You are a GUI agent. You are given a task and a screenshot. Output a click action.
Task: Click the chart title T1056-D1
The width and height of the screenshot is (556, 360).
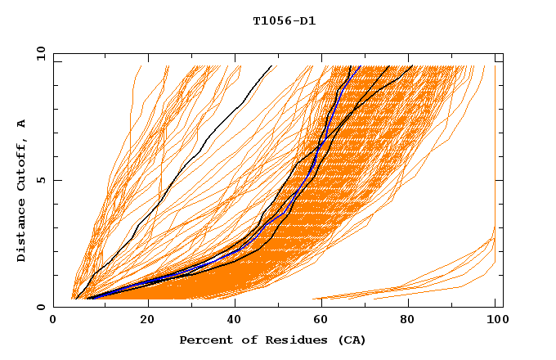(x=284, y=20)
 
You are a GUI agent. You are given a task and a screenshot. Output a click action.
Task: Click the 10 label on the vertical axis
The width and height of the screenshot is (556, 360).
(x=38, y=53)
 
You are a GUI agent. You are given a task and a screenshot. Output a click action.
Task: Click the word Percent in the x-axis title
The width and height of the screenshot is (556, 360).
(x=204, y=340)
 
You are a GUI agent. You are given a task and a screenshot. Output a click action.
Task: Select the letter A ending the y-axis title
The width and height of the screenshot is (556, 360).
(x=22, y=124)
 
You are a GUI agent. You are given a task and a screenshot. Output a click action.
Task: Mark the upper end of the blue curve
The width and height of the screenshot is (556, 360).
(x=359, y=66)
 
